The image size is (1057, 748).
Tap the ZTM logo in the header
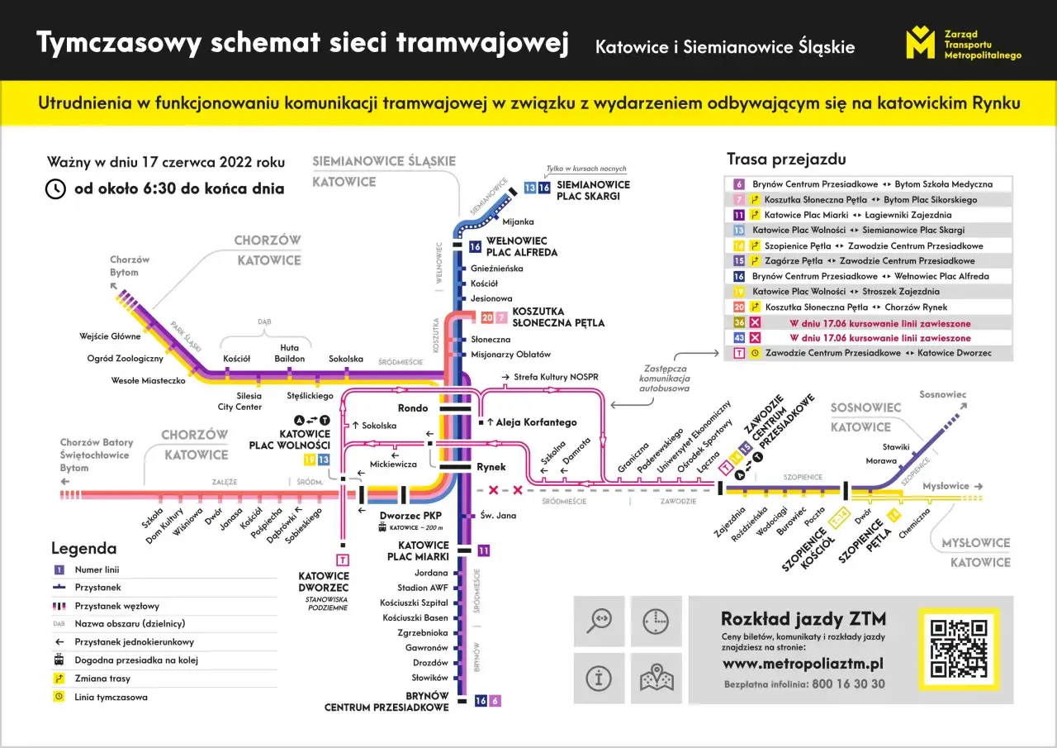click(920, 42)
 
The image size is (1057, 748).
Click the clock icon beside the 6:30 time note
click(55, 188)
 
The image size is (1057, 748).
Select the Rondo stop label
click(413, 407)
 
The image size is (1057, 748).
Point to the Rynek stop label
click(491, 467)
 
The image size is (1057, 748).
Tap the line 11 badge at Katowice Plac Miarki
click(484, 550)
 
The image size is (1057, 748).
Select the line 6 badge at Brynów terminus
click(495, 701)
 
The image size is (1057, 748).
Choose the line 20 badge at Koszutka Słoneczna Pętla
click(486, 317)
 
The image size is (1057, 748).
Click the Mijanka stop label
click(519, 222)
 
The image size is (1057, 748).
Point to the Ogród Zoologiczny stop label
click(125, 359)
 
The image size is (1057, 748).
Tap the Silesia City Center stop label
click(239, 401)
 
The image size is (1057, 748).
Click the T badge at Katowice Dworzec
click(342, 560)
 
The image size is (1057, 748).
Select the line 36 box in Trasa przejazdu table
click(739, 322)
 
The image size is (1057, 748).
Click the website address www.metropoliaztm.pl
click(803, 664)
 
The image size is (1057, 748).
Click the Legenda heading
click(83, 548)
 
